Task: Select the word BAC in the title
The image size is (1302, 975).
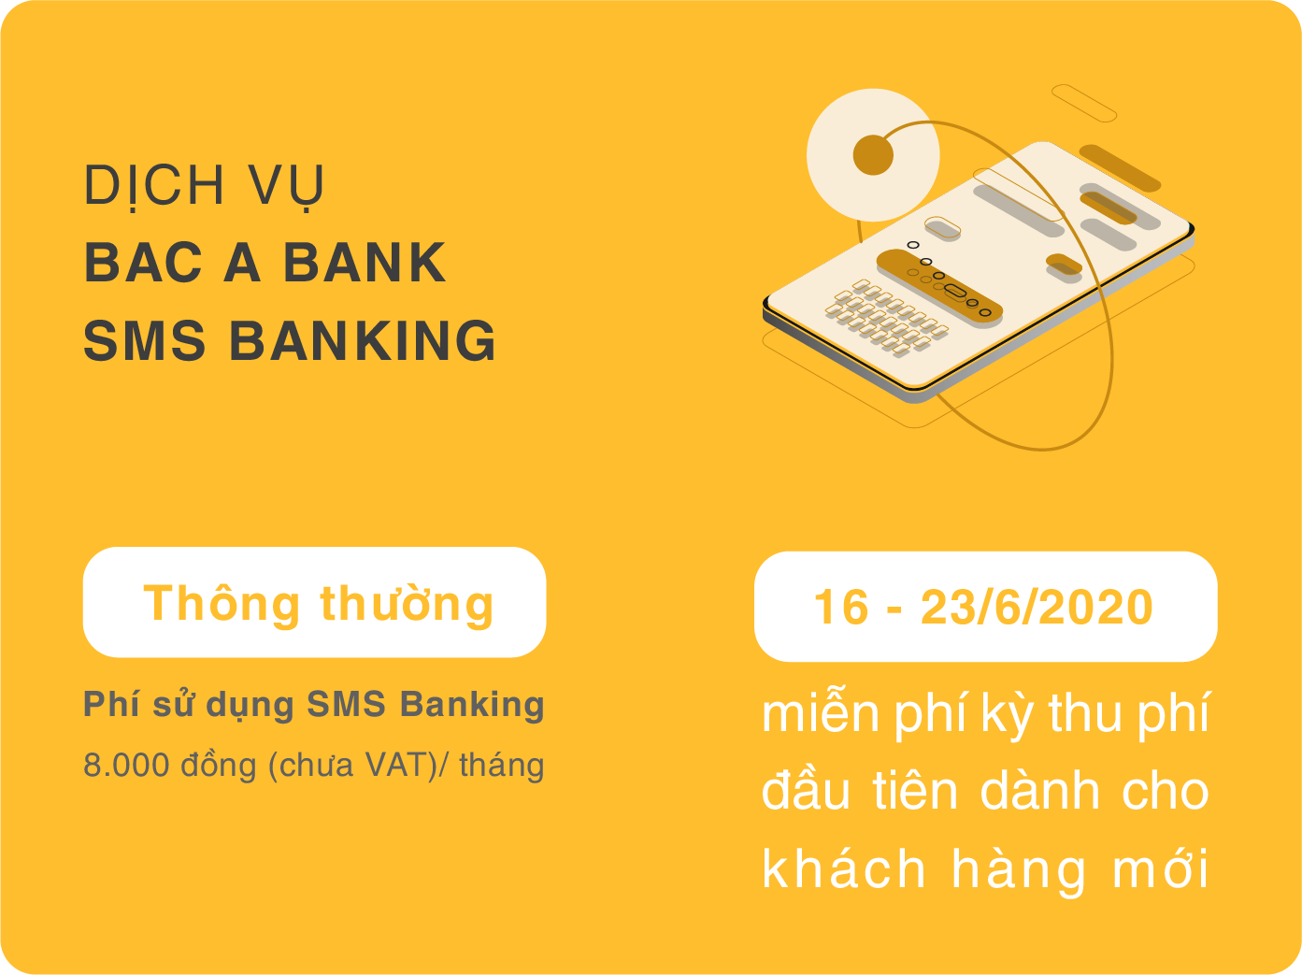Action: (143, 263)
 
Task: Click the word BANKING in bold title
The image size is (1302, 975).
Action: (363, 341)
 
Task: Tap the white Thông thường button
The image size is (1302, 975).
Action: (314, 603)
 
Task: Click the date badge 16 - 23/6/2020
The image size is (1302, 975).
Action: (985, 607)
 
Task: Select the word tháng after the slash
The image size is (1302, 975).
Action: (502, 765)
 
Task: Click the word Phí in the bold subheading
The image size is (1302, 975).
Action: (111, 704)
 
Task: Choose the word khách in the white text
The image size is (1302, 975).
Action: (843, 868)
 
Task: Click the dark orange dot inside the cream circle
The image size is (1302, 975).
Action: (873, 155)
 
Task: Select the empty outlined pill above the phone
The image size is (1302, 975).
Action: (1084, 103)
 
